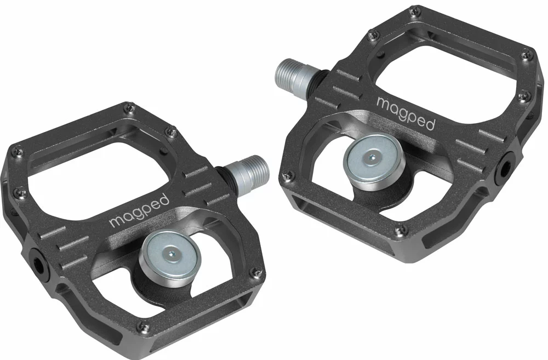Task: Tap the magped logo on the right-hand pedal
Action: [406, 112]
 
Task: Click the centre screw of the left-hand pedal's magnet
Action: [172, 253]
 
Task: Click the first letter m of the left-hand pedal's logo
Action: [117, 222]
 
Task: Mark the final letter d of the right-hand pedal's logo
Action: [431, 123]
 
